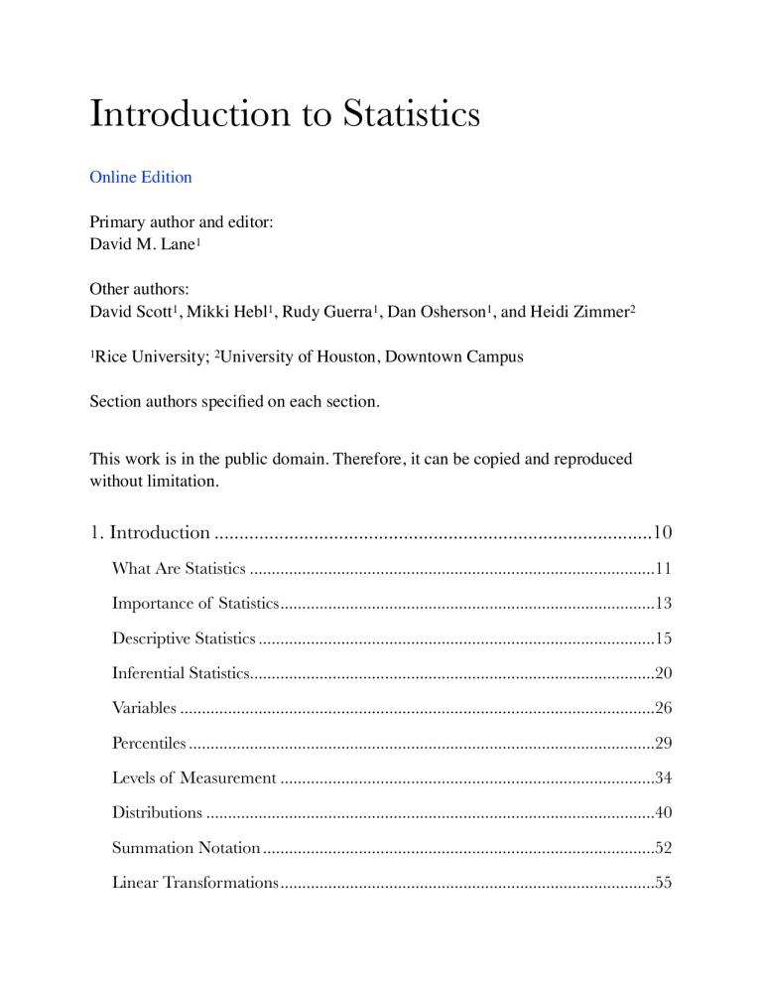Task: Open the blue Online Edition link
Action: [140, 178]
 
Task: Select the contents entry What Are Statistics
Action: [179, 569]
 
